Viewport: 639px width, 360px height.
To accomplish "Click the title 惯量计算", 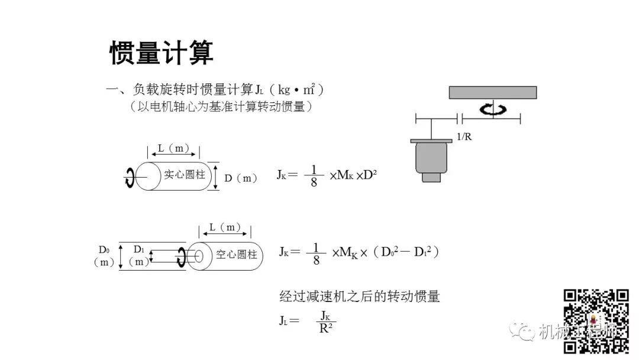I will tap(161, 53).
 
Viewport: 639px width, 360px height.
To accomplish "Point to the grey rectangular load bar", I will tap(492, 92).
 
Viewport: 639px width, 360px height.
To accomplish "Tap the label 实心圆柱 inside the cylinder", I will tap(184, 175).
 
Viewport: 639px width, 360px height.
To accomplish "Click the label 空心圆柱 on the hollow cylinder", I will tap(236, 255).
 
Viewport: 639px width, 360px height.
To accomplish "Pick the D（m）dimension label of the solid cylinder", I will tap(241, 178).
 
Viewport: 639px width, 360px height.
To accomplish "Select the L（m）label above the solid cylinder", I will tap(173, 149).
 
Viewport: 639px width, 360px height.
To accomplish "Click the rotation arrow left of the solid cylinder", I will tap(129, 176).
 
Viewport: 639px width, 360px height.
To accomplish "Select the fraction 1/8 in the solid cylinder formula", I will tap(314, 175).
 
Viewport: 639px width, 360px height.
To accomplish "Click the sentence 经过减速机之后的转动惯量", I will tap(360, 296).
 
